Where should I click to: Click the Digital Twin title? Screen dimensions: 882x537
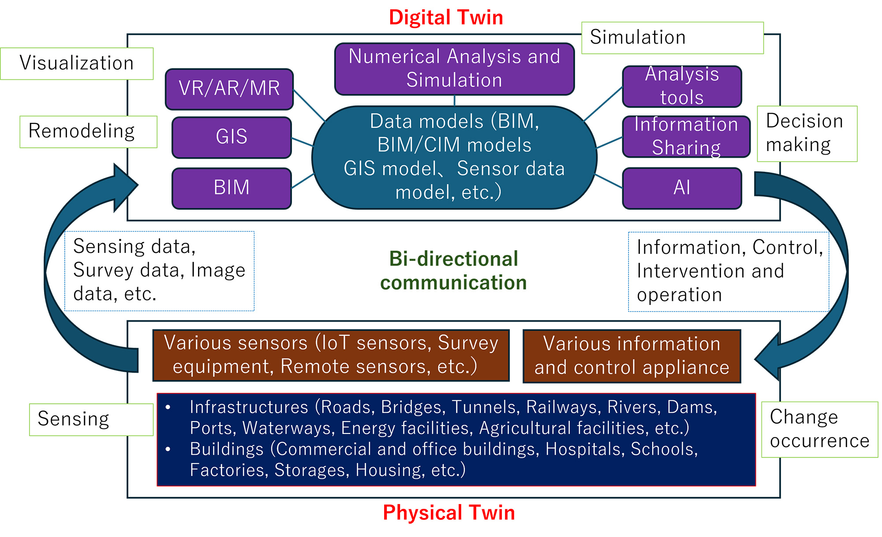point(446,18)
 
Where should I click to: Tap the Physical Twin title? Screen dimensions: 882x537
point(449,513)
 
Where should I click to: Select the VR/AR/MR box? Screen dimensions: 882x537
point(229,89)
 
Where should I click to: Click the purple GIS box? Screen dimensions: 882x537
point(232,137)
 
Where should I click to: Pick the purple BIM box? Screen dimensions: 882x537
point(232,188)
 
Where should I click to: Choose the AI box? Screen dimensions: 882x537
point(682,188)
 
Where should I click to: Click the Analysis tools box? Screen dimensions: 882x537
point(682,86)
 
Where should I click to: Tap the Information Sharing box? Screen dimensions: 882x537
point(686,137)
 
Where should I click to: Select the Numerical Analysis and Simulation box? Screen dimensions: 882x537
point(454,69)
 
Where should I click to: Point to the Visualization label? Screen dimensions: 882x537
point(77,63)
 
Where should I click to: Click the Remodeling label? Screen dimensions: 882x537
point(88,132)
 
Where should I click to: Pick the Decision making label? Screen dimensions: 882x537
point(807,133)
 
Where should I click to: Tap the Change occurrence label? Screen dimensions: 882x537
point(819,430)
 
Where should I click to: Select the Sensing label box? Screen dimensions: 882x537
point(91,419)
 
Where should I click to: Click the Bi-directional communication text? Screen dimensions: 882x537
point(453,270)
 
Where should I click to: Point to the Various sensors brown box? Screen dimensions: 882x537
point(331,355)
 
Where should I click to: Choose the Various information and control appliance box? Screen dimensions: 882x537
point(632,356)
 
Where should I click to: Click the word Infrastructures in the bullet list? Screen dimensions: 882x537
point(249,407)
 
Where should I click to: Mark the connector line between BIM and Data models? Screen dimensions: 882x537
point(303,181)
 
